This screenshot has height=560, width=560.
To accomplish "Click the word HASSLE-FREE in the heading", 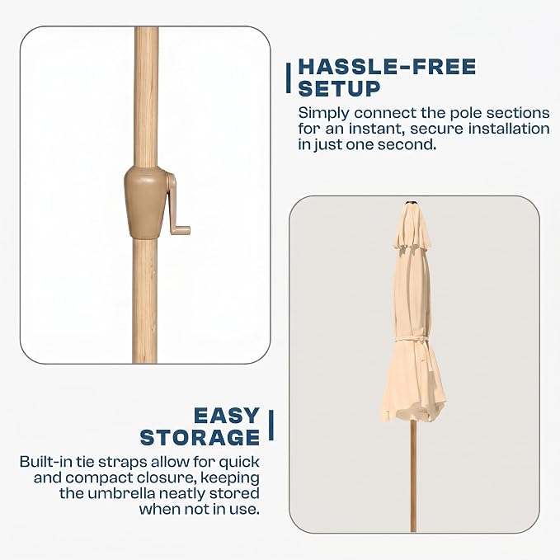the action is (x=387, y=67).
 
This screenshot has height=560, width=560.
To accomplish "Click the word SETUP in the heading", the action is (x=339, y=88).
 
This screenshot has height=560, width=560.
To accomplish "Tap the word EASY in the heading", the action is (x=227, y=416).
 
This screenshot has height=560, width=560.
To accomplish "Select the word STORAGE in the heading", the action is (x=200, y=437).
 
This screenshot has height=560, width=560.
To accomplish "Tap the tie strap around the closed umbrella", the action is (x=412, y=341).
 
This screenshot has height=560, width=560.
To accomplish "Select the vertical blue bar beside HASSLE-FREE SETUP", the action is (x=288, y=78).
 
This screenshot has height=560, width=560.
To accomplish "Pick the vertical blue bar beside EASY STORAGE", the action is (x=271, y=425).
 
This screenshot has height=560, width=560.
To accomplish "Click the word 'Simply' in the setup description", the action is (x=323, y=113).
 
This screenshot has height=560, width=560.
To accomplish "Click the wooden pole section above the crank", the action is (x=146, y=96).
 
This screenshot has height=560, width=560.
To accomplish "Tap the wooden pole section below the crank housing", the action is (x=144, y=301).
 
